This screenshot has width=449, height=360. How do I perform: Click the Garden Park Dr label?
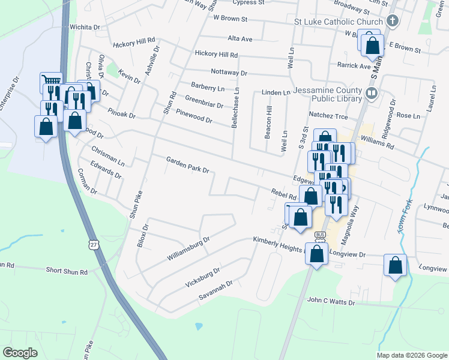pos(187,165)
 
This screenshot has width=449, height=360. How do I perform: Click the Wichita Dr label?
pos(84,28)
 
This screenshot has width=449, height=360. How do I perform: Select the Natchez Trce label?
pos(328,115)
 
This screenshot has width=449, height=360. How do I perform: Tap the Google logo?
pos(20,353)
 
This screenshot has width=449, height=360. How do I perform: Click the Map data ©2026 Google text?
pos(412,355)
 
